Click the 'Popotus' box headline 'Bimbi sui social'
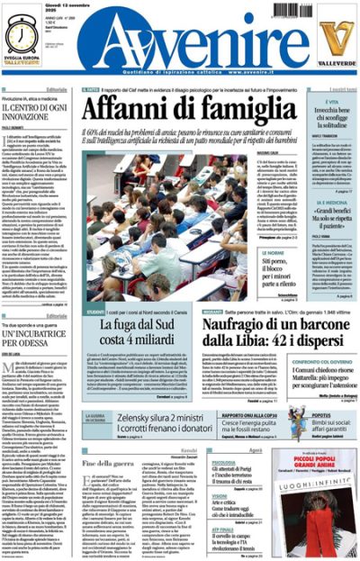point(333,421)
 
